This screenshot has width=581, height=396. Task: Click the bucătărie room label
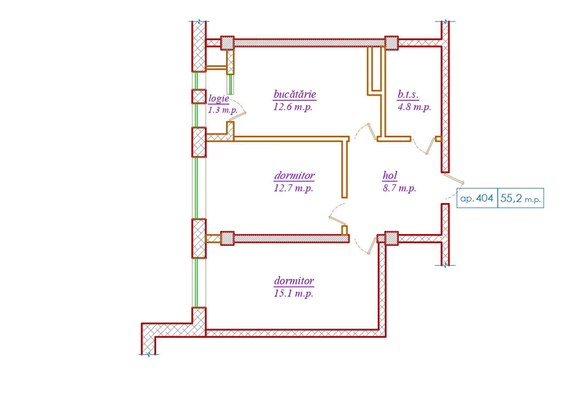pos(295,95)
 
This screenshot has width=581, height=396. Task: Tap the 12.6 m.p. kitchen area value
pos(293,107)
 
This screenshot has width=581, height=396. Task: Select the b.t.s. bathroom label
pos(408,95)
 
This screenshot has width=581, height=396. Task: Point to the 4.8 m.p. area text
pos(414,107)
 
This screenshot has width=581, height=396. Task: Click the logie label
pos(219,98)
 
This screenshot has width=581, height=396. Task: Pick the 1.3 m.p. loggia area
pos(223,110)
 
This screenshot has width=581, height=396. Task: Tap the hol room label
pos(390,176)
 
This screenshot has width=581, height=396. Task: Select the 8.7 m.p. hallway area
pos(399,188)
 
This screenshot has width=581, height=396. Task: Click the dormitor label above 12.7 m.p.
pos(295,176)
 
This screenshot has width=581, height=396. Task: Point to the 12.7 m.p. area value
pos(293,188)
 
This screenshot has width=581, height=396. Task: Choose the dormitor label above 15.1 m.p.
pos(294,281)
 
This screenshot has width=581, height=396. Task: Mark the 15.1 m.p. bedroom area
pos(293,294)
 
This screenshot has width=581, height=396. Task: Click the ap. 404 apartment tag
pos(477,198)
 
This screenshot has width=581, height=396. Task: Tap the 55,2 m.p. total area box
pos(521,198)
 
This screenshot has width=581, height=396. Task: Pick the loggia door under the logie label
pos(238,110)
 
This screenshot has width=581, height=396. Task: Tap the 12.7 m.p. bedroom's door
pos(338,215)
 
